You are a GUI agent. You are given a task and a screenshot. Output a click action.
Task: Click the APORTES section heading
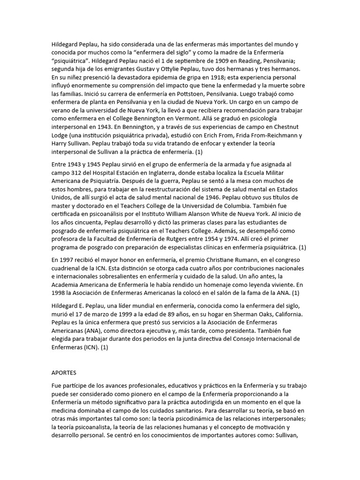pos(64,373)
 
